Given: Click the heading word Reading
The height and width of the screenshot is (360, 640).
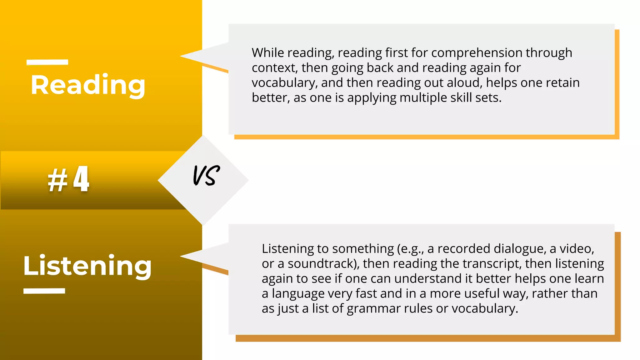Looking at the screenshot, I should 88,85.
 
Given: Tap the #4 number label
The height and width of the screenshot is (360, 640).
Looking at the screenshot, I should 69,179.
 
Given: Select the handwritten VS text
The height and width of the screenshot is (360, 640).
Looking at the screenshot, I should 206,175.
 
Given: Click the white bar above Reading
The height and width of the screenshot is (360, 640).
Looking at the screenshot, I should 47,62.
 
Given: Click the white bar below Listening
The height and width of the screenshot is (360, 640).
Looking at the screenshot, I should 44,291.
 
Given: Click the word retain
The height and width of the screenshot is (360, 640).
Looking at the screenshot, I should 562,83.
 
